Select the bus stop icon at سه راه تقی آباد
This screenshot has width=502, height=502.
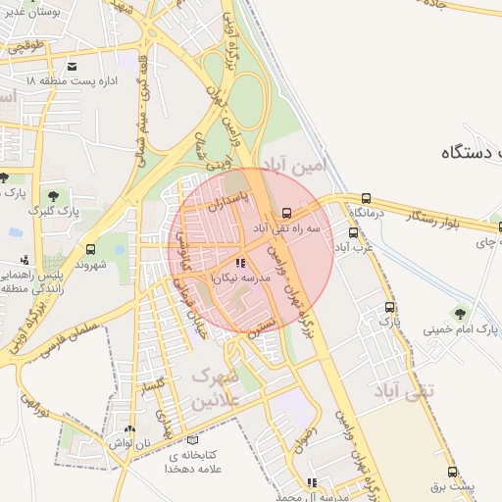286,212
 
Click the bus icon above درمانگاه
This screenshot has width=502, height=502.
366,198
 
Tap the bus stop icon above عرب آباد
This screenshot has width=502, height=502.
353,233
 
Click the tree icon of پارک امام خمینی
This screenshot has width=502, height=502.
458,314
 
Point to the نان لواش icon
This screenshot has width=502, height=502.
130,429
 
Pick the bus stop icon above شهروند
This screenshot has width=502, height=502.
91,249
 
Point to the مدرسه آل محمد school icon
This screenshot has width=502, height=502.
312,482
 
